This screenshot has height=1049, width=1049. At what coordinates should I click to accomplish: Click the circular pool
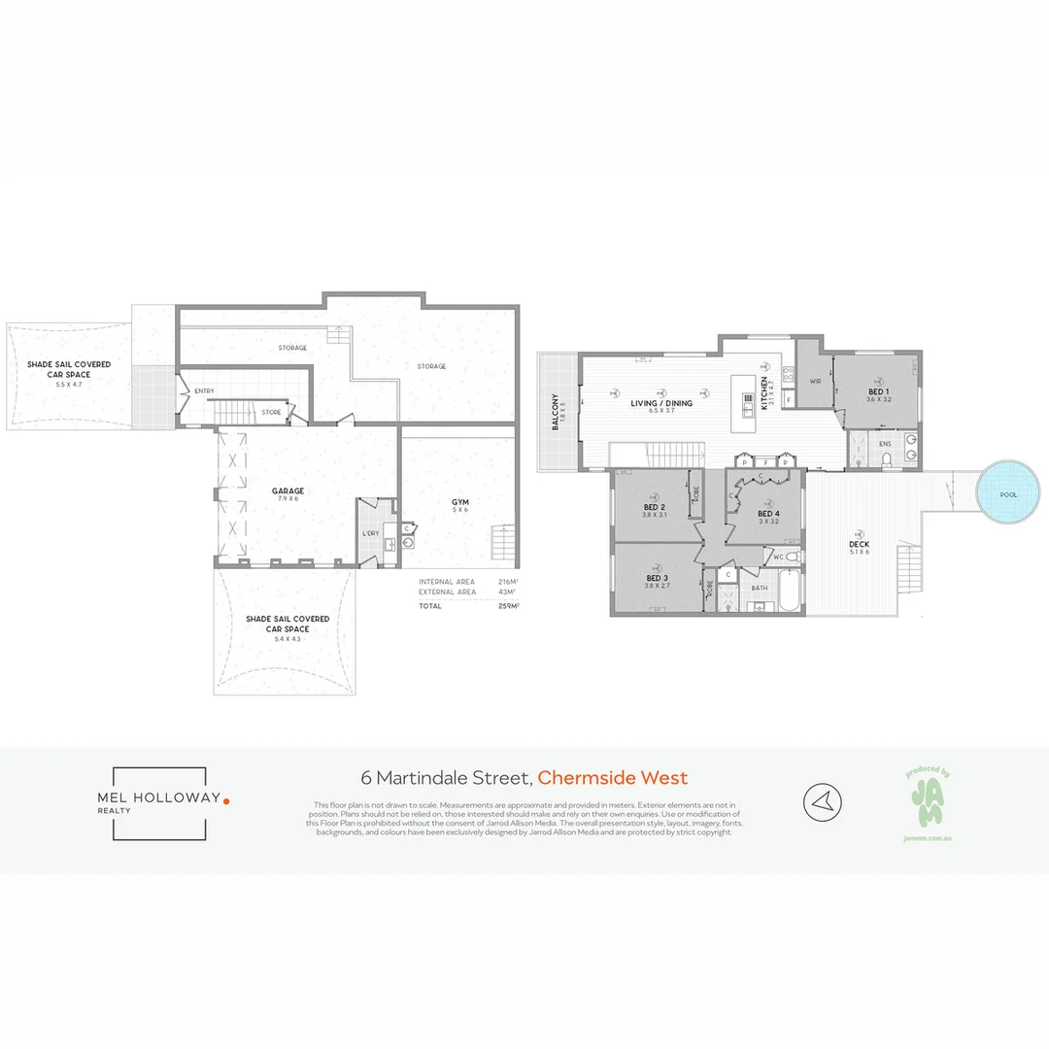coord(1009,494)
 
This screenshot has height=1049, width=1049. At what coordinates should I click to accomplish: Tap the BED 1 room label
coord(878,392)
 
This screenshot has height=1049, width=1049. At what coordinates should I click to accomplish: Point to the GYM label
coord(459,502)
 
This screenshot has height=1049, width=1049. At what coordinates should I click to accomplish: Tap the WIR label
coord(815,382)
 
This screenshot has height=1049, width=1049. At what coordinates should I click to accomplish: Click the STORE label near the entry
coord(272,413)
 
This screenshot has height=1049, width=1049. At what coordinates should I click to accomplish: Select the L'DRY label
coord(370,534)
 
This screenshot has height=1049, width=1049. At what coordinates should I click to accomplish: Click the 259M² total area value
coord(506,606)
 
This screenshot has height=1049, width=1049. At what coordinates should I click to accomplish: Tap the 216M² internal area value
coord(506,581)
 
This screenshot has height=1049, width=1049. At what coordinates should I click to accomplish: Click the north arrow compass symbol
coord(822,802)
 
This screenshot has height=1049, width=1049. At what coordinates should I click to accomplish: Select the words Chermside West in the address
coord(613,777)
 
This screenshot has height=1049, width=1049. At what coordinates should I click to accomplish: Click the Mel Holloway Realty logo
coord(160,802)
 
